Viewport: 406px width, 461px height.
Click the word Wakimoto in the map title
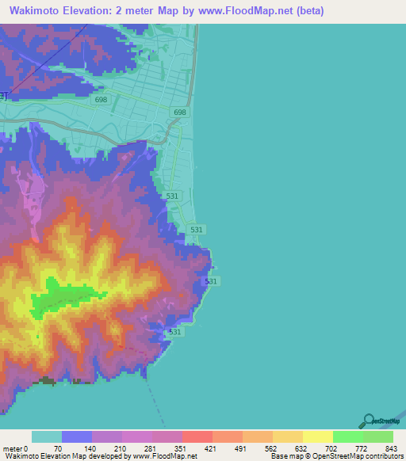(x=37, y=11)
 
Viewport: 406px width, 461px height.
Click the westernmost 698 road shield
(x=101, y=99)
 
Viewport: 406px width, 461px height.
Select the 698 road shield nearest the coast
(x=180, y=113)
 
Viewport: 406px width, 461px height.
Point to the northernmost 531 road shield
(x=174, y=196)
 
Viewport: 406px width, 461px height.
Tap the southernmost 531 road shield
(x=175, y=332)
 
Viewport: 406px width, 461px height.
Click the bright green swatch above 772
(x=347, y=436)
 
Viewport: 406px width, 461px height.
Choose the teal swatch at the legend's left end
(x=47, y=436)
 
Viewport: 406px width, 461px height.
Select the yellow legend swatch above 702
(x=317, y=436)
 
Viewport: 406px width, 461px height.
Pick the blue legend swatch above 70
(x=77, y=436)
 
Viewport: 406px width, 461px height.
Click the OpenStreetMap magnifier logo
(x=368, y=421)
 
